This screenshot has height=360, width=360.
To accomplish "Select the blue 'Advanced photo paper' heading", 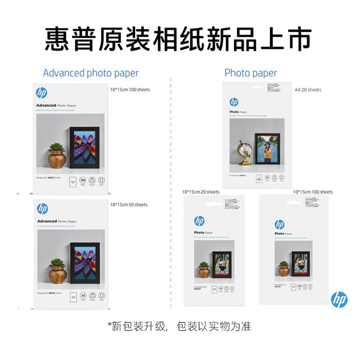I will pos(91,73).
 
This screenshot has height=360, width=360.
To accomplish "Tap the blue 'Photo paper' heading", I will pos(250,73).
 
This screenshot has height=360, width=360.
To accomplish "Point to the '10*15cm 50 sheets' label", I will pos(129,205).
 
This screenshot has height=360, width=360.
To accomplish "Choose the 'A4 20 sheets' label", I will pos(308,90).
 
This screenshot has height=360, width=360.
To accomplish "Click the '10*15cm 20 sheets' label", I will pos(201,192).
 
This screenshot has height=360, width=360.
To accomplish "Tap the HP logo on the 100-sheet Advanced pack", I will pos(42,93).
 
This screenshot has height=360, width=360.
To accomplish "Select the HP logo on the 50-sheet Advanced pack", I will pos(42,209).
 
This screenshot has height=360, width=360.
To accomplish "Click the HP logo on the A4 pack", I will pos(234,102).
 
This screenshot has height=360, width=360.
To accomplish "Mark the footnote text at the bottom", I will pos(179,326).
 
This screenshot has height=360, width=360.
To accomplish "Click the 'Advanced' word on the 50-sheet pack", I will pos(47,221).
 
